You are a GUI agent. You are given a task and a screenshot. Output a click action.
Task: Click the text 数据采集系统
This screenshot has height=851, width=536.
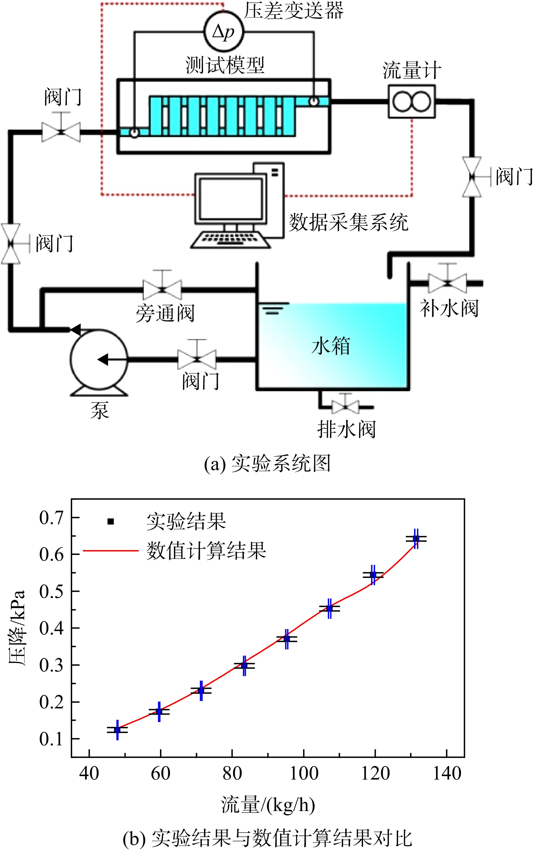coord(348,222)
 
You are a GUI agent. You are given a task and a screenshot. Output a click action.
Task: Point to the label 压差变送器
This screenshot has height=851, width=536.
coord(294,10)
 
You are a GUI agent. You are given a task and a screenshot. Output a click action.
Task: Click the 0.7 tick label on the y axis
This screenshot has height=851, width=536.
coord(51,518)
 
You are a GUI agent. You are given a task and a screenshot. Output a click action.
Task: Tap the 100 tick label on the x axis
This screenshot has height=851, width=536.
coord(304,773)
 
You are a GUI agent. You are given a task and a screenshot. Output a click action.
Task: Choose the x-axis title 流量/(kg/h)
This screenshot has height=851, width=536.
coord(268,805)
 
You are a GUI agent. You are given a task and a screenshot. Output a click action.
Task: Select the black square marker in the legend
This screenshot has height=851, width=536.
coord(110,521)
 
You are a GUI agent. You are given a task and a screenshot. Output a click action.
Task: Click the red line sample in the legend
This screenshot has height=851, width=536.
coord(110,551)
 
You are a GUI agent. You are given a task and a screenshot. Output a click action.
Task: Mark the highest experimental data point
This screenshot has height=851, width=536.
coord(416,539)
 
